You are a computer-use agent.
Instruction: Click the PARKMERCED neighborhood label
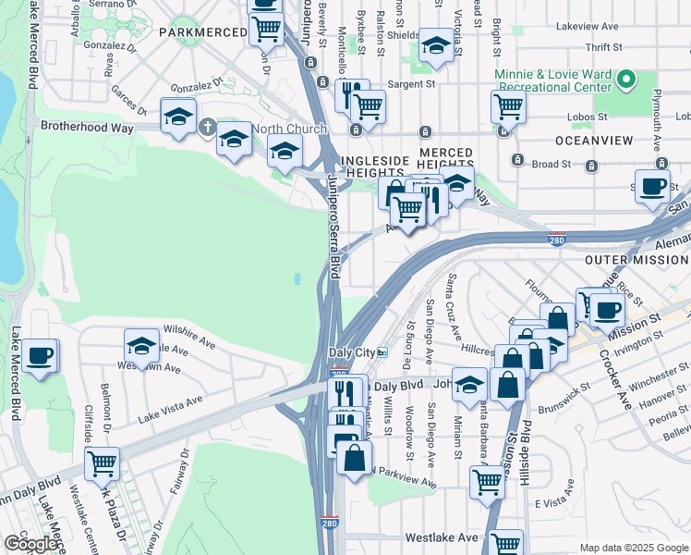pos(200,31)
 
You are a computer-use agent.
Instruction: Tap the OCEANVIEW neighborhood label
pos(594,140)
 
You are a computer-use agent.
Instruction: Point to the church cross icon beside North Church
pos(208,128)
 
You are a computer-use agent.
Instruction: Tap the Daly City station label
pos(351,353)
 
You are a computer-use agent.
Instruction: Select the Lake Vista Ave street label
pos(169,403)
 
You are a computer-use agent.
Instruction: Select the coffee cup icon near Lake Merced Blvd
pos(40,355)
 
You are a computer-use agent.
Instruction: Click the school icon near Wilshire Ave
pos(141,346)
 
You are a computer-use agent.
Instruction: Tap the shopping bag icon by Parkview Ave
pos(355,457)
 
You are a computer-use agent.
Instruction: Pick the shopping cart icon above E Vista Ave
pos(488,480)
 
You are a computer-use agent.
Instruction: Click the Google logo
pos(30,544)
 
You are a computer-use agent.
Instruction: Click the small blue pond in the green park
pos(297,278)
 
